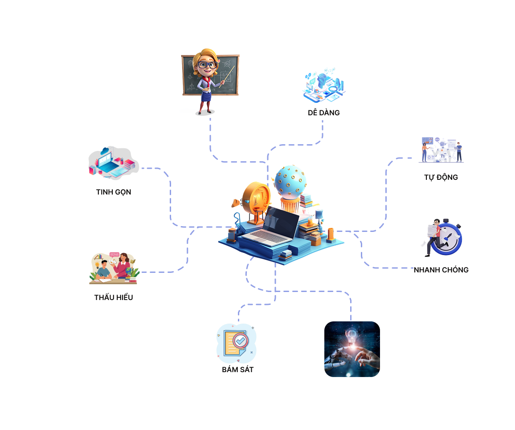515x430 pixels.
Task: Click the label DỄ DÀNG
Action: [x=324, y=113]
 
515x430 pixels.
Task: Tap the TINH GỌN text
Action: [x=114, y=192]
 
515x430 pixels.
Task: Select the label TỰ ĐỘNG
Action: [x=441, y=177]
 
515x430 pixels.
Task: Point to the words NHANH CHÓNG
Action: [x=441, y=270]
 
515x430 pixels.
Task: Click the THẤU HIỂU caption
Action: [x=114, y=297]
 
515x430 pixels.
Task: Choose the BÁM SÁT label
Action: [x=238, y=369]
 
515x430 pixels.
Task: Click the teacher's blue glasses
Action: [x=207, y=65]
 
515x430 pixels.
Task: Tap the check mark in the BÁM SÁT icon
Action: [x=241, y=341]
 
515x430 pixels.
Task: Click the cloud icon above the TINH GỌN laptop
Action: [x=105, y=152]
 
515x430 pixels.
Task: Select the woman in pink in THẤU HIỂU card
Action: [x=124, y=265]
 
